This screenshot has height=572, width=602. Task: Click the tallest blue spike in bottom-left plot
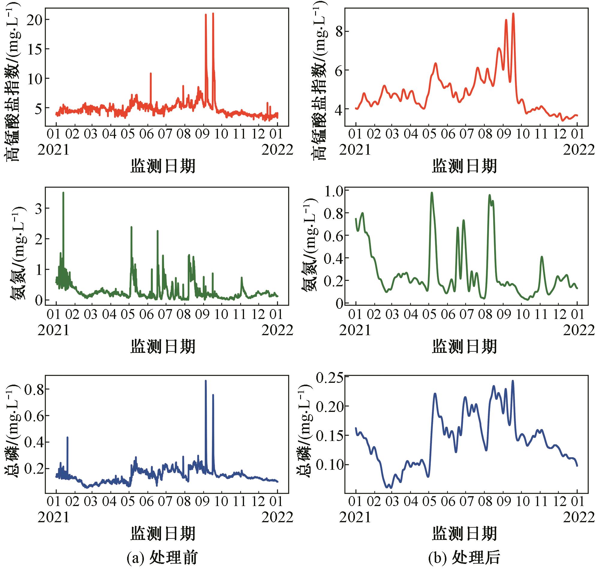point(206,381)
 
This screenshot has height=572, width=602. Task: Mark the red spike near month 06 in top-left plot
point(151,74)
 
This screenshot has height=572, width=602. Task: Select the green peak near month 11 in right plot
point(542,257)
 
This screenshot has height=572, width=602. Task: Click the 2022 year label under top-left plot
point(277,150)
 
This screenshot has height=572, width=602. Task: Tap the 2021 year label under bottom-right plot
point(355,517)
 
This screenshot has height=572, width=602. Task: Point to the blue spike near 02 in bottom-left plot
point(67,438)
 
